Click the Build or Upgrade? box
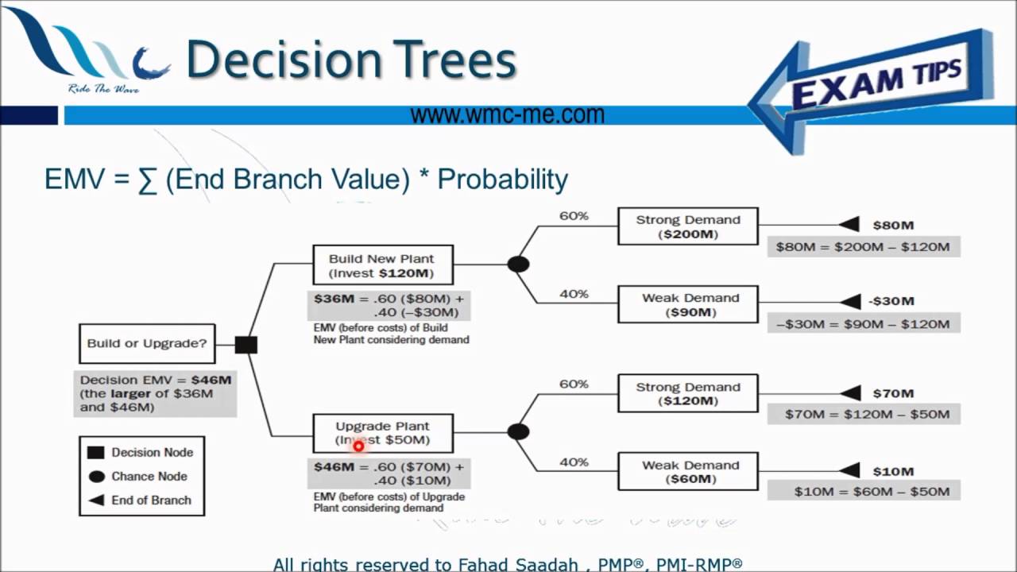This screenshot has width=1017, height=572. coord(147,344)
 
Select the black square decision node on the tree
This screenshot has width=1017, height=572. coord(246,345)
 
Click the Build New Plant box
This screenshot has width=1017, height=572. coord(382,265)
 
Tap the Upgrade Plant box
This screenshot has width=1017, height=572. coord(382,433)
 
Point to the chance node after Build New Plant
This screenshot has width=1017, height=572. coord(518,264)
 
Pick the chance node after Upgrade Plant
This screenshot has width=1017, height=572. coord(518,431)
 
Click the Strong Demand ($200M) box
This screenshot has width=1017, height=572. coord(687,226)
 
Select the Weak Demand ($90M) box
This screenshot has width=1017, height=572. coord(687,305)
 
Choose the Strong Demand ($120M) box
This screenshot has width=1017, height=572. coord(687,394)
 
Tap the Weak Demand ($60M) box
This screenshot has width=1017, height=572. coord(687,472)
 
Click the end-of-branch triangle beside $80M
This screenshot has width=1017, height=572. coord(850,225)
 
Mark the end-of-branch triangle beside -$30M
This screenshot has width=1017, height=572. coord(850,301)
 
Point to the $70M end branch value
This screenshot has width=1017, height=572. coord(893,393)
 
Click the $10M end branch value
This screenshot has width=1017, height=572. coord(893,471)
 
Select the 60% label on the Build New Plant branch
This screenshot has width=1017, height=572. coord(574,216)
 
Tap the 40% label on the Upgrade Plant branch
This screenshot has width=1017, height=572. coord(574,462)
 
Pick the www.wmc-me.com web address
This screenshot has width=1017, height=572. coord(507,115)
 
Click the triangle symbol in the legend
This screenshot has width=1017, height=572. coord(96,500)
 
